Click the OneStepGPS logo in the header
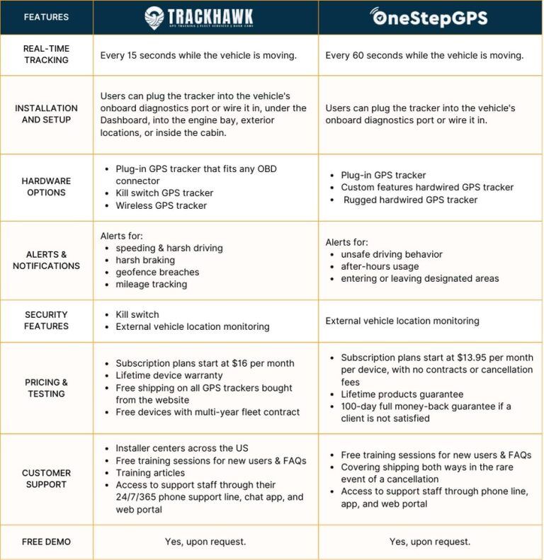coord(429,17)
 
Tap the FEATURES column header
coord(46,17)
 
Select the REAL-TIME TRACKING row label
coord(46,55)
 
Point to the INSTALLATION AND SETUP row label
coord(46,114)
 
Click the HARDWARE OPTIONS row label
coord(46,187)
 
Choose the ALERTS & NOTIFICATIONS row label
coord(46,260)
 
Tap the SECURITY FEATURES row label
coord(46,320)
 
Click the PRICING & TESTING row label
coord(46,387)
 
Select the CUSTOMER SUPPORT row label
coord(46,479)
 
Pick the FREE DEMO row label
coord(46,542)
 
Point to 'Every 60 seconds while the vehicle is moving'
coord(424,55)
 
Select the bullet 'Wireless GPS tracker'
coord(161,205)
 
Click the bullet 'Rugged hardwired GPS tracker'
coord(411,200)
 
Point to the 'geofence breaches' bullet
coord(157,272)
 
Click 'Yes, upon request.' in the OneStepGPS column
coord(429,542)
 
